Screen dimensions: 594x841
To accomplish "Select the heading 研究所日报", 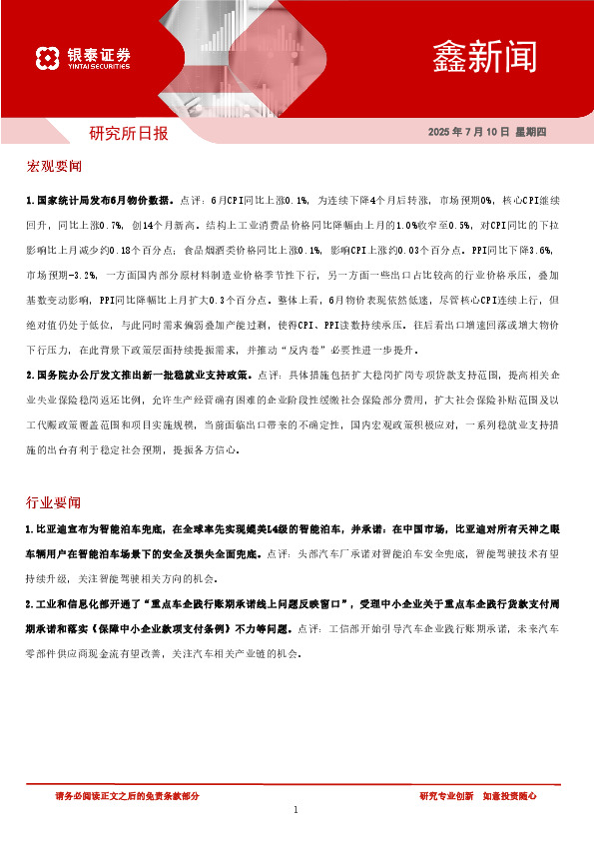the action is [x=129, y=132].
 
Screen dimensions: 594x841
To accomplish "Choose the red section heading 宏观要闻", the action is [x=54, y=164].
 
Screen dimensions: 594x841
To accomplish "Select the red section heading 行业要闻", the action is [x=54, y=501].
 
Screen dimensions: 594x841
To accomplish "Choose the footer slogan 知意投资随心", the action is [x=510, y=796].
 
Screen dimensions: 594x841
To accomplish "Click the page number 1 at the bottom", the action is [x=297, y=810].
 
